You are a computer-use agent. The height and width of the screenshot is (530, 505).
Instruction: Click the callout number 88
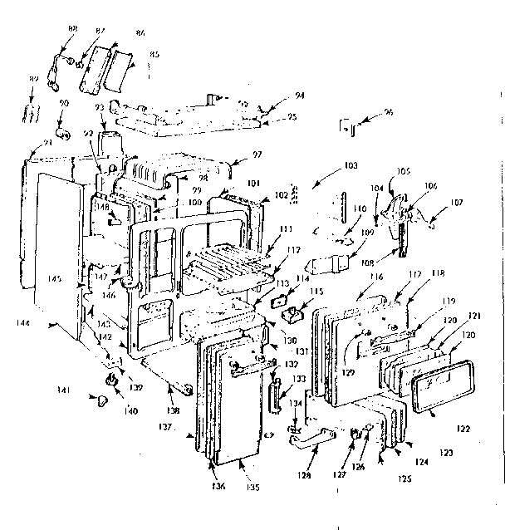pos(72,29)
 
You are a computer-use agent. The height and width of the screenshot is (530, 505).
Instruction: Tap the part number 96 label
pos(389,112)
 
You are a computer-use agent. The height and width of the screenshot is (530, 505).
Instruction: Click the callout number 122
pos(463,429)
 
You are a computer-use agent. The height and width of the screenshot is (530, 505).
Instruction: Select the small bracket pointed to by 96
pos(350,128)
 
